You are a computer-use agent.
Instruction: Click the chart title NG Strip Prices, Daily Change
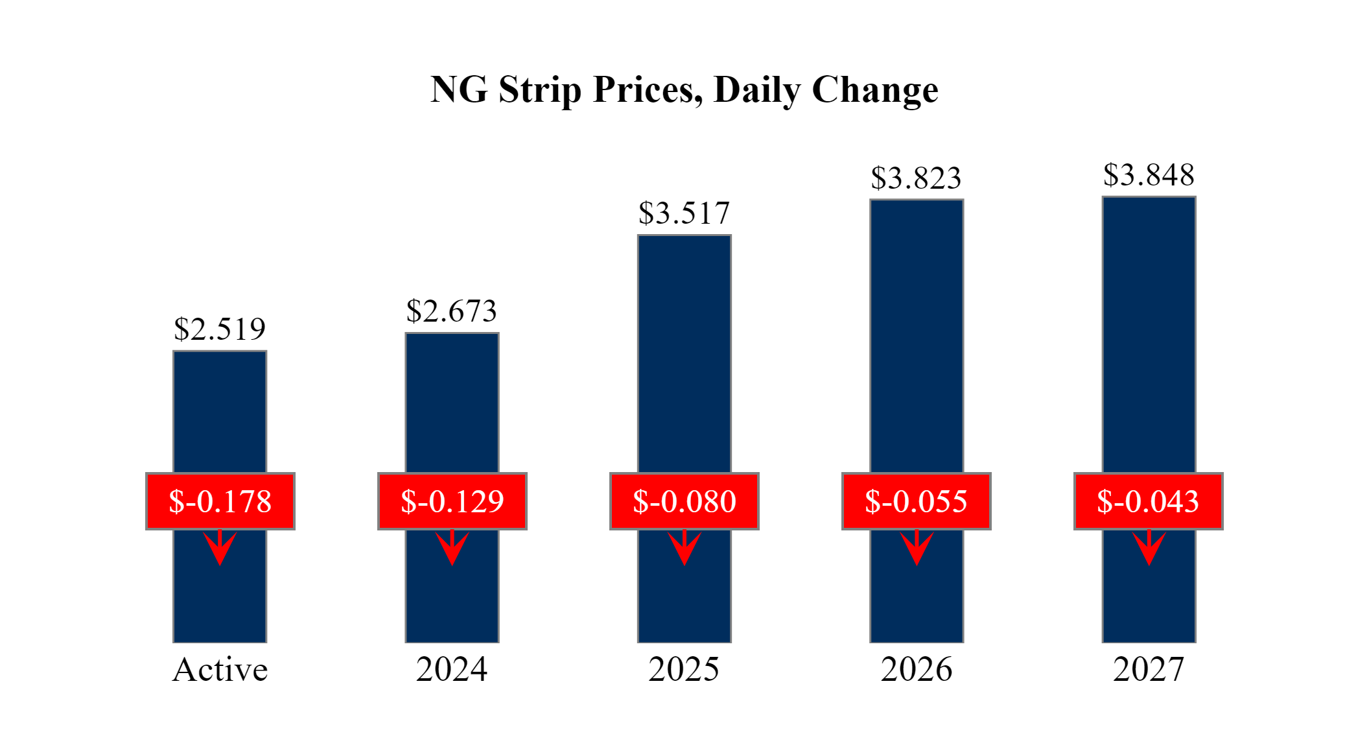tap(684, 89)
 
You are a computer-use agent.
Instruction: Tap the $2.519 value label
tap(220, 329)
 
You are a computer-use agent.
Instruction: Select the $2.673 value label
tap(452, 311)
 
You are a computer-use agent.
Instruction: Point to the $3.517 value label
tap(684, 213)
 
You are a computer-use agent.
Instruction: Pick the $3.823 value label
tap(916, 178)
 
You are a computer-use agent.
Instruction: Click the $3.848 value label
tap(1149, 175)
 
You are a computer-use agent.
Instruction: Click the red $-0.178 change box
tap(220, 501)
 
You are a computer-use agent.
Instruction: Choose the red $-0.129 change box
tap(452, 501)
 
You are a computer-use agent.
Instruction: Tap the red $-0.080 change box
tap(684, 501)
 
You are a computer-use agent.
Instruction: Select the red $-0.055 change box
tap(917, 501)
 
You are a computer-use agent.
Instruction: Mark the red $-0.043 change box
tap(1149, 501)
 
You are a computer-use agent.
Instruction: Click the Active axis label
tap(220, 670)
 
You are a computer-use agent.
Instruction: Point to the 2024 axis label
tap(452, 670)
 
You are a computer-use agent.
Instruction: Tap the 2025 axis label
tap(684, 670)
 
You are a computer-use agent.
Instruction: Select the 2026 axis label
tap(917, 670)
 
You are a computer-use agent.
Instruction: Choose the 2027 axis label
tap(1149, 670)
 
